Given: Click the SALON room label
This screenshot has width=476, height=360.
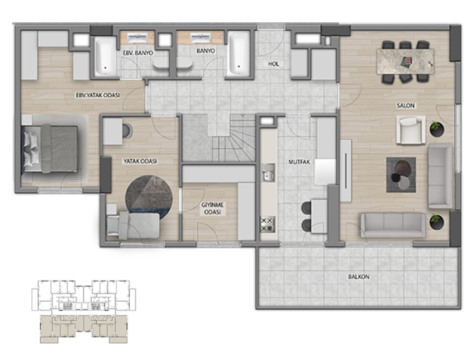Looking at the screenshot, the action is click(x=405, y=106).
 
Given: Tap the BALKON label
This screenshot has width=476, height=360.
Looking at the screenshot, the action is click(x=359, y=277).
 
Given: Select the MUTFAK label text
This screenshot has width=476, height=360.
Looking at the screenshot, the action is click(x=299, y=162).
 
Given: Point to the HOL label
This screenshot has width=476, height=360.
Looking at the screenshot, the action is click(x=274, y=64).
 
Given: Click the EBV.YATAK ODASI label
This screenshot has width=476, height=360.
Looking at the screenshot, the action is click(x=97, y=96).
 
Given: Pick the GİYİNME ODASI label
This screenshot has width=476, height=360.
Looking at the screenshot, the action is click(x=212, y=209).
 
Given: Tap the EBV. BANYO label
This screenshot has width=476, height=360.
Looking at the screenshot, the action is click(x=138, y=53).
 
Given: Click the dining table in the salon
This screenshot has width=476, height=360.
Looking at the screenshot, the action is click(x=405, y=61).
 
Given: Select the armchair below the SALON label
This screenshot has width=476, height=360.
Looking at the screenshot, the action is click(x=411, y=130).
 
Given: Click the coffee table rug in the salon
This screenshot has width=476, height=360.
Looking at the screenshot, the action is click(x=401, y=174).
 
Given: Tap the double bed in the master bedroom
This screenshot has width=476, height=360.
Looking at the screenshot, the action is click(x=50, y=149).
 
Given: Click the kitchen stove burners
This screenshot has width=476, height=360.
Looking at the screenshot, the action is click(x=268, y=224).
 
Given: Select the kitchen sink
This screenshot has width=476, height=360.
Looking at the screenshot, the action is click(x=268, y=172).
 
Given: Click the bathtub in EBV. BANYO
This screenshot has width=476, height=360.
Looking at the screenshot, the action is click(x=106, y=56).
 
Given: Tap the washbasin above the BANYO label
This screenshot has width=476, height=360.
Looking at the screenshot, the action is click(x=200, y=37).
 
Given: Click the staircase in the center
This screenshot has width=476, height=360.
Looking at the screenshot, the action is click(x=218, y=138).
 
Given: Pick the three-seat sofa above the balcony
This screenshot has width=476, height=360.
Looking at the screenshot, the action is click(x=393, y=225).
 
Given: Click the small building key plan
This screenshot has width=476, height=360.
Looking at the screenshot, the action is click(x=84, y=312).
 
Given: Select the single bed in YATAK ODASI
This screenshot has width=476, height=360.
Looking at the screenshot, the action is click(x=134, y=225).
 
